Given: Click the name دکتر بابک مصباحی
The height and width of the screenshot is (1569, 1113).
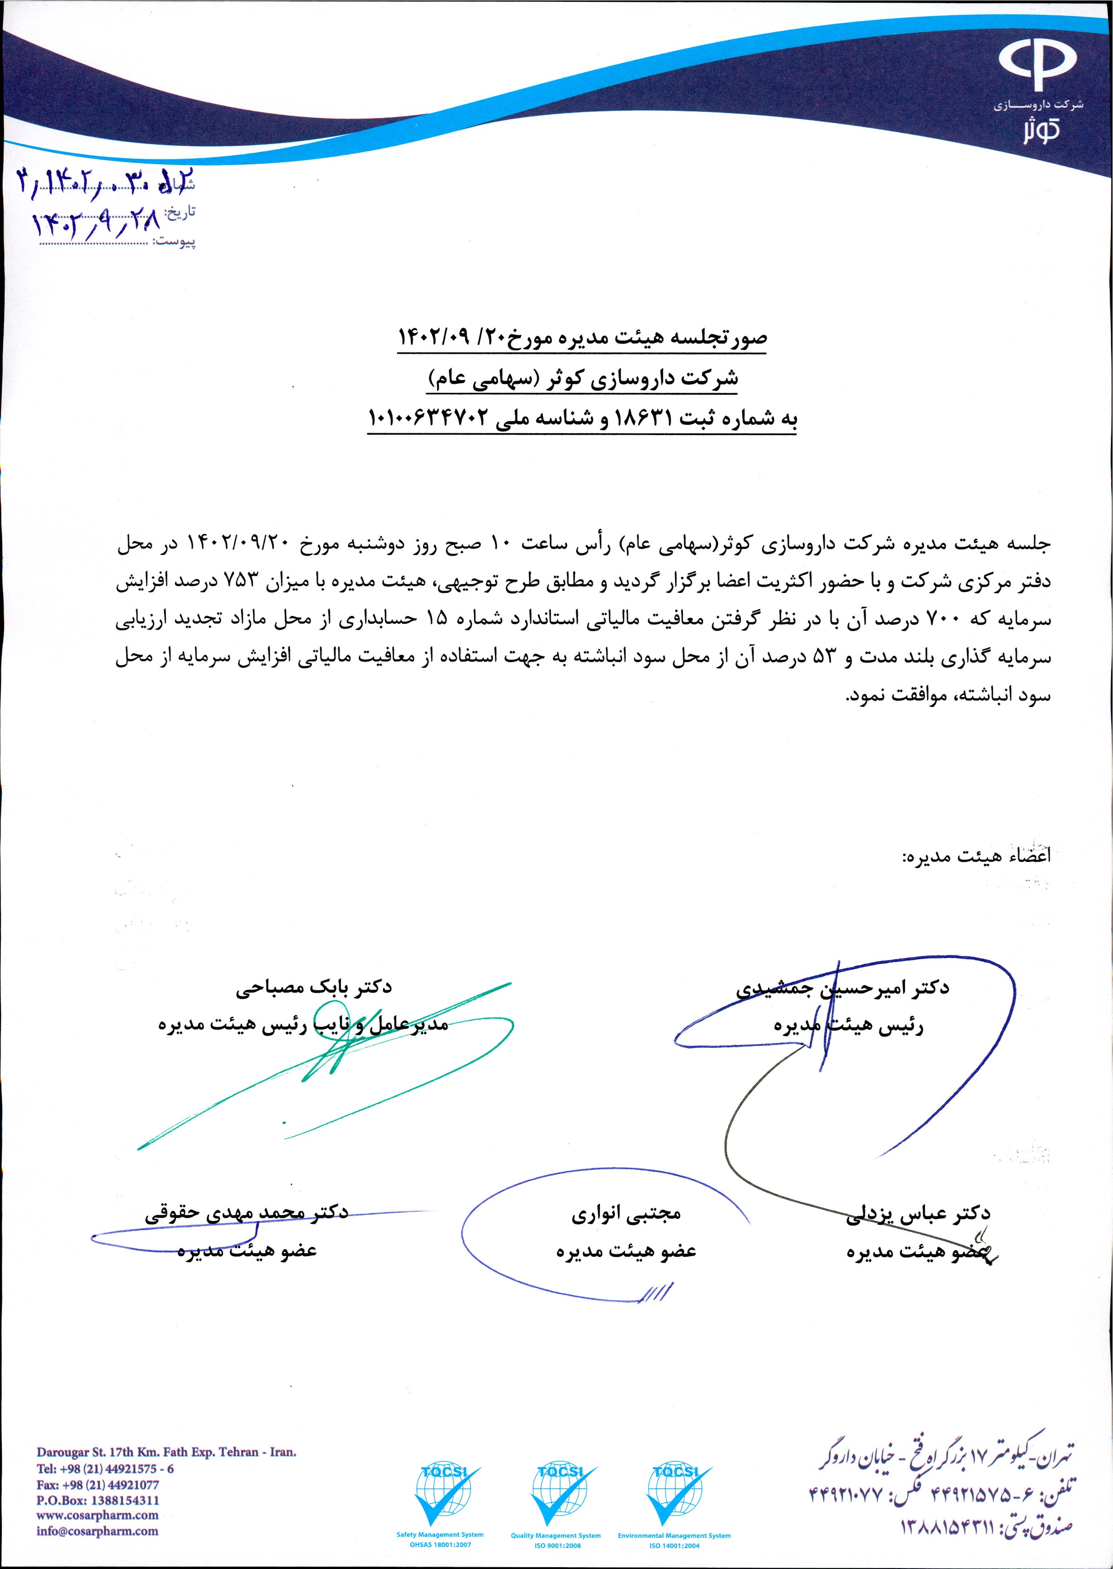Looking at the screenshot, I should pos(314,987).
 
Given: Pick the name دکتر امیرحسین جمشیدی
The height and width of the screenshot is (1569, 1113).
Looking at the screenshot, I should pos(842,987).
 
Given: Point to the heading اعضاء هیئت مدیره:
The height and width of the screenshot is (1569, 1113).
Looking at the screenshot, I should pos(976,856).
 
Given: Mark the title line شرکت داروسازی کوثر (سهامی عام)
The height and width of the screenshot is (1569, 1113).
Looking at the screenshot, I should pos(583,379).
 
